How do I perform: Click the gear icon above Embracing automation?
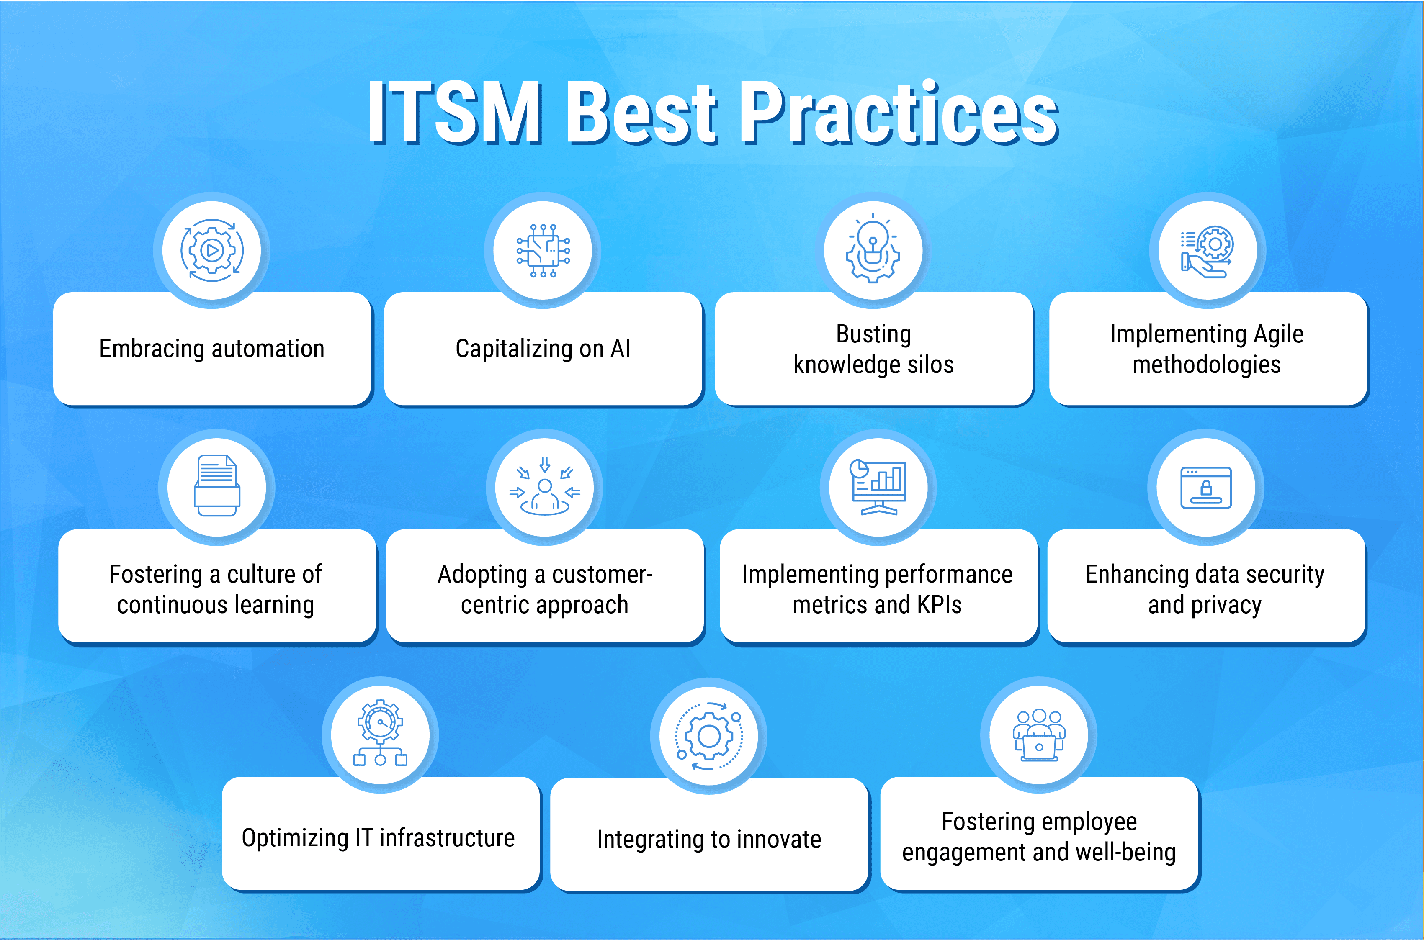[211, 250]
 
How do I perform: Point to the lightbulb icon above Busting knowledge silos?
[873, 250]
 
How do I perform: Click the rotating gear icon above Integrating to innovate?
[709, 736]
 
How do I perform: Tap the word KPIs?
[939, 604]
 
